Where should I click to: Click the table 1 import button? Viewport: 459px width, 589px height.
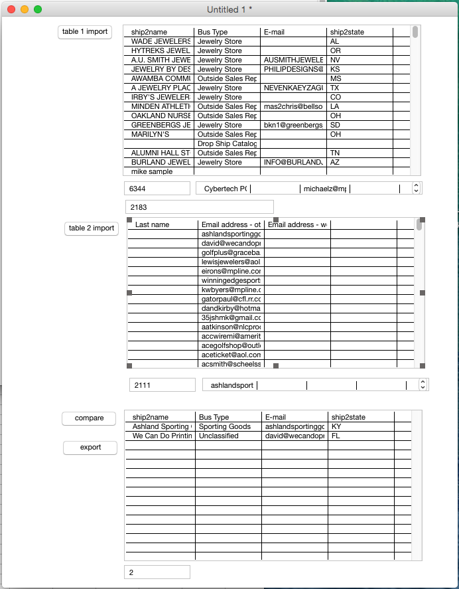coord(84,32)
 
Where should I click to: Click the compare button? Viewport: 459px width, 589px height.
coord(89,418)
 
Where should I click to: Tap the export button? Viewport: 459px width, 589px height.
coord(90,448)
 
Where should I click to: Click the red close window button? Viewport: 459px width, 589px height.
coord(11,10)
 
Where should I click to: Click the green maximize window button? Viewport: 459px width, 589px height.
coord(38,10)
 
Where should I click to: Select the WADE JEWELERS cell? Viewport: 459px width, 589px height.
coord(160,42)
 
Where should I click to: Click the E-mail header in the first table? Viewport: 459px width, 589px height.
coord(293,33)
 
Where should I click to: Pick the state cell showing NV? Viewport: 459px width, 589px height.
coord(359,60)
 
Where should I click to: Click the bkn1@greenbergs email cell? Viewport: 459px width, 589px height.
coord(293,126)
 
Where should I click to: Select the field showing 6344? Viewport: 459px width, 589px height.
coord(157,189)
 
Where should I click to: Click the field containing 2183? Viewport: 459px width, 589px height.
coord(199,207)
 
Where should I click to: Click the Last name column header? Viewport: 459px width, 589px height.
coord(163,225)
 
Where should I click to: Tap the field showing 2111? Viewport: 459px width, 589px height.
coord(162,385)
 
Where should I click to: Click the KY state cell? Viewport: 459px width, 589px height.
coord(360,427)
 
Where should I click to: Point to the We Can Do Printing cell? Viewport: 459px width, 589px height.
coord(160,436)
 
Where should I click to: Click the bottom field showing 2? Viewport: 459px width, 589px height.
coord(157,572)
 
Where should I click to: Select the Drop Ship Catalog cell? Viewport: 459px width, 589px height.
coord(227,144)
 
